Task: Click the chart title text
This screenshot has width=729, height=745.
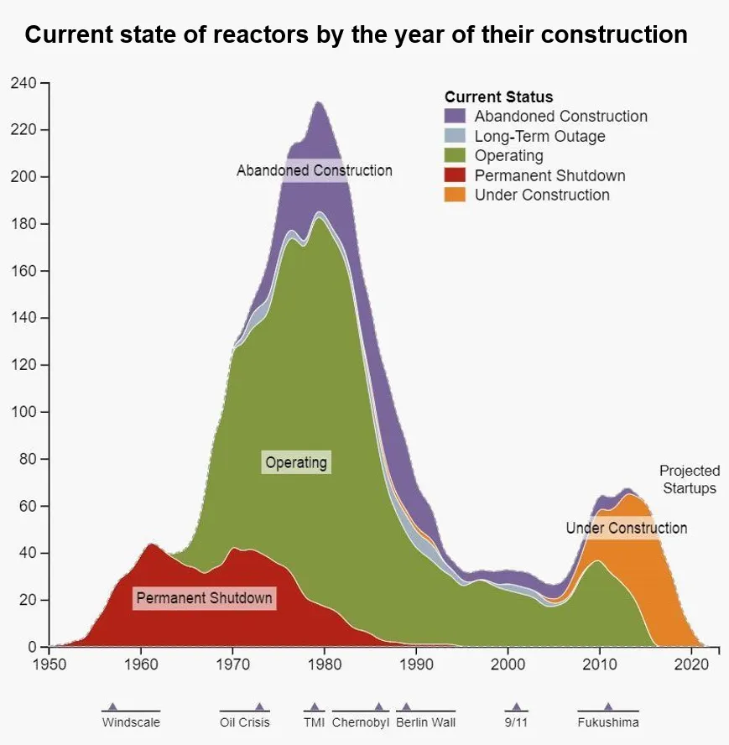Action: pos(356,35)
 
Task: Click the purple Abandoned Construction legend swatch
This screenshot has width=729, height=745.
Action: pos(455,117)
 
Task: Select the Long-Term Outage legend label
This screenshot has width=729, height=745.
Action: pos(539,136)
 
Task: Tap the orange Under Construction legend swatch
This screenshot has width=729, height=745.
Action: pos(455,195)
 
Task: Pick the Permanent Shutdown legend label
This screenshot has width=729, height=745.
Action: pos(549,175)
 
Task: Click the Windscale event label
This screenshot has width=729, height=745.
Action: pos(131,722)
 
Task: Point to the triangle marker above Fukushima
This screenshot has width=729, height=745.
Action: pos(608,706)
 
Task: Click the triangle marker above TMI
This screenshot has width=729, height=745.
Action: pos(315,706)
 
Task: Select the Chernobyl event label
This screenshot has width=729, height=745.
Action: pos(361,722)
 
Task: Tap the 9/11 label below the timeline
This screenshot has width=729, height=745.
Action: pos(516,722)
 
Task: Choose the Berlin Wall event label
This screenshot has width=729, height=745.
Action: pos(425,722)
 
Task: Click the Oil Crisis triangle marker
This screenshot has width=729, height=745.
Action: pos(259,706)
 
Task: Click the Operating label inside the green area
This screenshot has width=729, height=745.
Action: pos(296,462)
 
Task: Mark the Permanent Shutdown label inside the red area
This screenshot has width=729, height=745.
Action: pos(204,598)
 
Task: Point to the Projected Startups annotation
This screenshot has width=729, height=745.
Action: pos(689,479)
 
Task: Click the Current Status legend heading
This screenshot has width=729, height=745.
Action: pos(498,97)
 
